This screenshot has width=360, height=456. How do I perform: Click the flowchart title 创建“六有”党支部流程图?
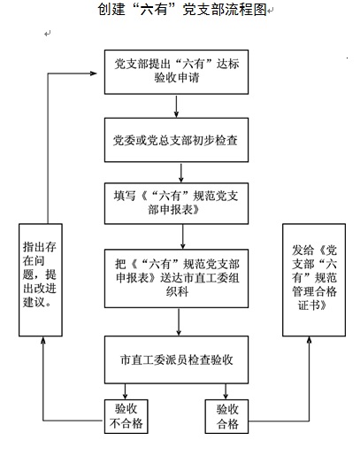[x=182, y=9]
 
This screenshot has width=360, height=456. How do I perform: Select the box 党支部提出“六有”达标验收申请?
[x=176, y=72]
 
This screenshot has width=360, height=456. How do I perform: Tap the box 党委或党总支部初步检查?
[x=176, y=140]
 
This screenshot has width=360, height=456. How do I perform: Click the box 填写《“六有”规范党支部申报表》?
[x=176, y=204]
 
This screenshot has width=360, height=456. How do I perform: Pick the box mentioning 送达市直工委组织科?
[x=176, y=278]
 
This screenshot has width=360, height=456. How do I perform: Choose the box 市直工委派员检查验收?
[x=176, y=359]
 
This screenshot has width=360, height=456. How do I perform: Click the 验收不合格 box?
[x=126, y=416]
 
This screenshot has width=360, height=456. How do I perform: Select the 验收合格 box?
[x=226, y=416]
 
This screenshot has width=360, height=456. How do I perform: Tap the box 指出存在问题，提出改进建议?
[x=41, y=280]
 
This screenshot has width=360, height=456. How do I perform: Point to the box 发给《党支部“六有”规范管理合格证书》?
[x=314, y=280]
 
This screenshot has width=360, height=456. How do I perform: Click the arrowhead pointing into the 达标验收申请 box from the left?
[x=94, y=73]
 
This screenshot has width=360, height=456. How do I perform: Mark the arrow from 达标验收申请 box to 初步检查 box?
[x=176, y=106]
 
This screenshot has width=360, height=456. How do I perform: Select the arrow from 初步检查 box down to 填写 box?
[x=181, y=173]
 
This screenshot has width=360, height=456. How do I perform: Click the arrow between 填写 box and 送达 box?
[x=182, y=236]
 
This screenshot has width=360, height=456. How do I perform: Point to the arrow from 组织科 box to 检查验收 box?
[x=179, y=321]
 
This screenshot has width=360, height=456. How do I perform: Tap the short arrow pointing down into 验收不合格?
[x=126, y=391]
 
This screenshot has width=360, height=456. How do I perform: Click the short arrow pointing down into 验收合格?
[x=226, y=391]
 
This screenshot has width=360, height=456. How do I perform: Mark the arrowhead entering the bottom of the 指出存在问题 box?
[x=43, y=340]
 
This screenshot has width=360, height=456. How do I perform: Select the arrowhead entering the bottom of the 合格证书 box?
[x=309, y=340]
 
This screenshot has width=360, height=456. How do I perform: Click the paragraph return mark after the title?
[x=271, y=11]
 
